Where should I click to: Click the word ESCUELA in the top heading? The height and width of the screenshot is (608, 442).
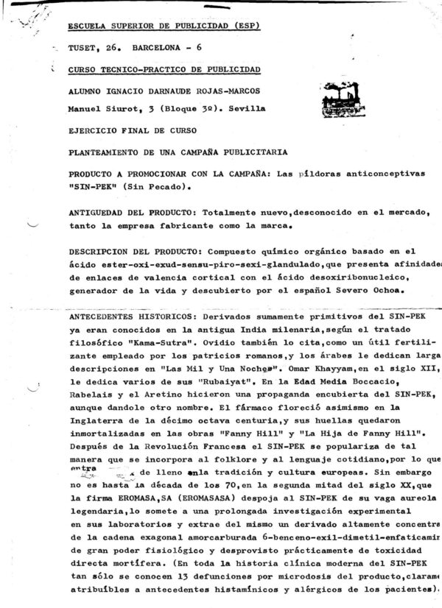[x=88, y=26]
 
